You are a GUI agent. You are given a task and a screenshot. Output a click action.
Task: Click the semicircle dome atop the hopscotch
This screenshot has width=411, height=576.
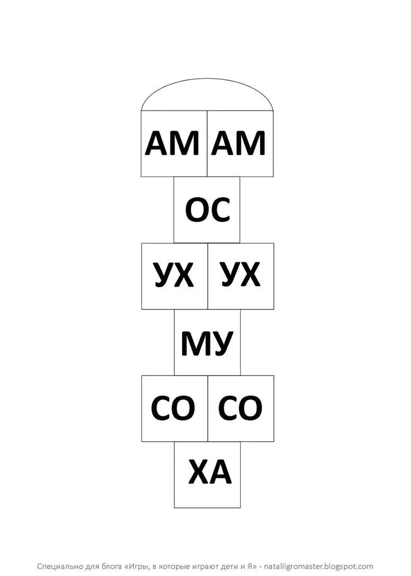207,96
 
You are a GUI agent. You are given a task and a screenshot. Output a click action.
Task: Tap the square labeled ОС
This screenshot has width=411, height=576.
207,210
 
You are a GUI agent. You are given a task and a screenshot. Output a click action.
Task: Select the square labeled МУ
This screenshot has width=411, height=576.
207,342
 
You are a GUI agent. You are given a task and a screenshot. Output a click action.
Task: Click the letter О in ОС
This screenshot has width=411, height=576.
197,211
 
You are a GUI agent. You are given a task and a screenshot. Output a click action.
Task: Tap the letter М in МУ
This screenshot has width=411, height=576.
193,343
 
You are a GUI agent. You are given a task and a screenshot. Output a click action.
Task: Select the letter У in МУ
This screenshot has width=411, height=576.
222,343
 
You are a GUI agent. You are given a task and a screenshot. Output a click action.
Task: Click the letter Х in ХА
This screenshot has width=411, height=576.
198,474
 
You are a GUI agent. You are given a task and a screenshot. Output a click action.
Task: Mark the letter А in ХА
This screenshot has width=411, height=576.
220,474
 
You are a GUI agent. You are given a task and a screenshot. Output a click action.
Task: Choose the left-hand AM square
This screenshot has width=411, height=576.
174,143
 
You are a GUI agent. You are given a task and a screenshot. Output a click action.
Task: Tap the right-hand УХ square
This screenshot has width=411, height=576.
241,276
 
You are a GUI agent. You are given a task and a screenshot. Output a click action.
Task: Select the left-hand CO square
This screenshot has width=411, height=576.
174,408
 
